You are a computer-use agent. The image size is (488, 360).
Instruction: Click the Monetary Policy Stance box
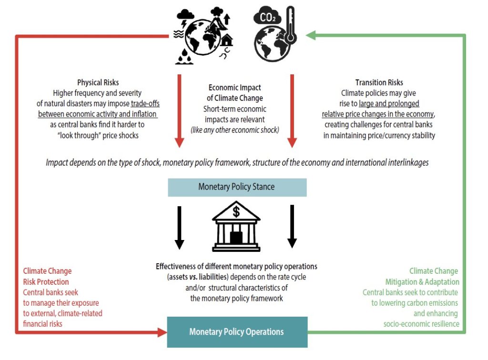tap(237, 187)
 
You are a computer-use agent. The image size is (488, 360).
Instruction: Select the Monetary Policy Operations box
tap(237, 331)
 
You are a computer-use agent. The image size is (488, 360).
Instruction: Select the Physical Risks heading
tap(98, 83)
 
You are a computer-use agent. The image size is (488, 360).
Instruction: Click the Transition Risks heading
tap(379, 83)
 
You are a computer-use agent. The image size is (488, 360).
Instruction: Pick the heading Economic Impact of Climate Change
tap(235, 93)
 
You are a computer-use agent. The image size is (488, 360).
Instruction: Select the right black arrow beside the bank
tap(292, 227)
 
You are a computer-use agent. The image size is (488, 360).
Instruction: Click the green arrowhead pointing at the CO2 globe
tap(311, 35)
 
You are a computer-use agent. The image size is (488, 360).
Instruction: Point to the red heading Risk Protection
tap(46, 282)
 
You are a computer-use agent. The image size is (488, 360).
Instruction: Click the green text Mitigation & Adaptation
tap(422, 282)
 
